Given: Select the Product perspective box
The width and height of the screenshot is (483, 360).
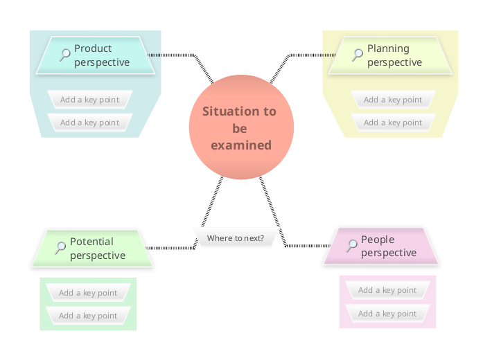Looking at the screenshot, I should tap(96, 55).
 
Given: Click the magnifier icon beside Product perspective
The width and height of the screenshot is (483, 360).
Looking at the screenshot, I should tap(65, 54).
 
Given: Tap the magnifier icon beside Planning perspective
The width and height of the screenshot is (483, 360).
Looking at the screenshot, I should tap(358, 54).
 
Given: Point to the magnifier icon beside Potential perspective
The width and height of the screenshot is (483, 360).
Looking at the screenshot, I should tap(61, 247).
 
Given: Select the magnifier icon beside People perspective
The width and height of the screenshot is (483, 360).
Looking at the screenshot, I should tap(352, 244).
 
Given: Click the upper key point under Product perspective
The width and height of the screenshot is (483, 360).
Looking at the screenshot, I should tap(89, 100).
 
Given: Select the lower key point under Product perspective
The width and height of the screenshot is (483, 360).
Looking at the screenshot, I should tap(89, 123).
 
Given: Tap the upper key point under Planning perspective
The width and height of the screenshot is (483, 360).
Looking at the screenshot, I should tap(392, 100).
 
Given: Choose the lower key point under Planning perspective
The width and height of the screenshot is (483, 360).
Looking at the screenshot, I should tap(392, 123).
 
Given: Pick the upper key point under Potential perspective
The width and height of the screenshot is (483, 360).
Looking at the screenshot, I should tap(87, 293).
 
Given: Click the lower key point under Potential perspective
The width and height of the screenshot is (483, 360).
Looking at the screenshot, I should tap(87, 316).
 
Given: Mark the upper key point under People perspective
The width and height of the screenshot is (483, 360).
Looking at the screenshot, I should tap(387, 291).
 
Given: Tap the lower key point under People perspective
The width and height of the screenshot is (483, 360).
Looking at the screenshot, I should tap(387, 314).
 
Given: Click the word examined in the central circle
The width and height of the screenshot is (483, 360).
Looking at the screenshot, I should tap(241, 145).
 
